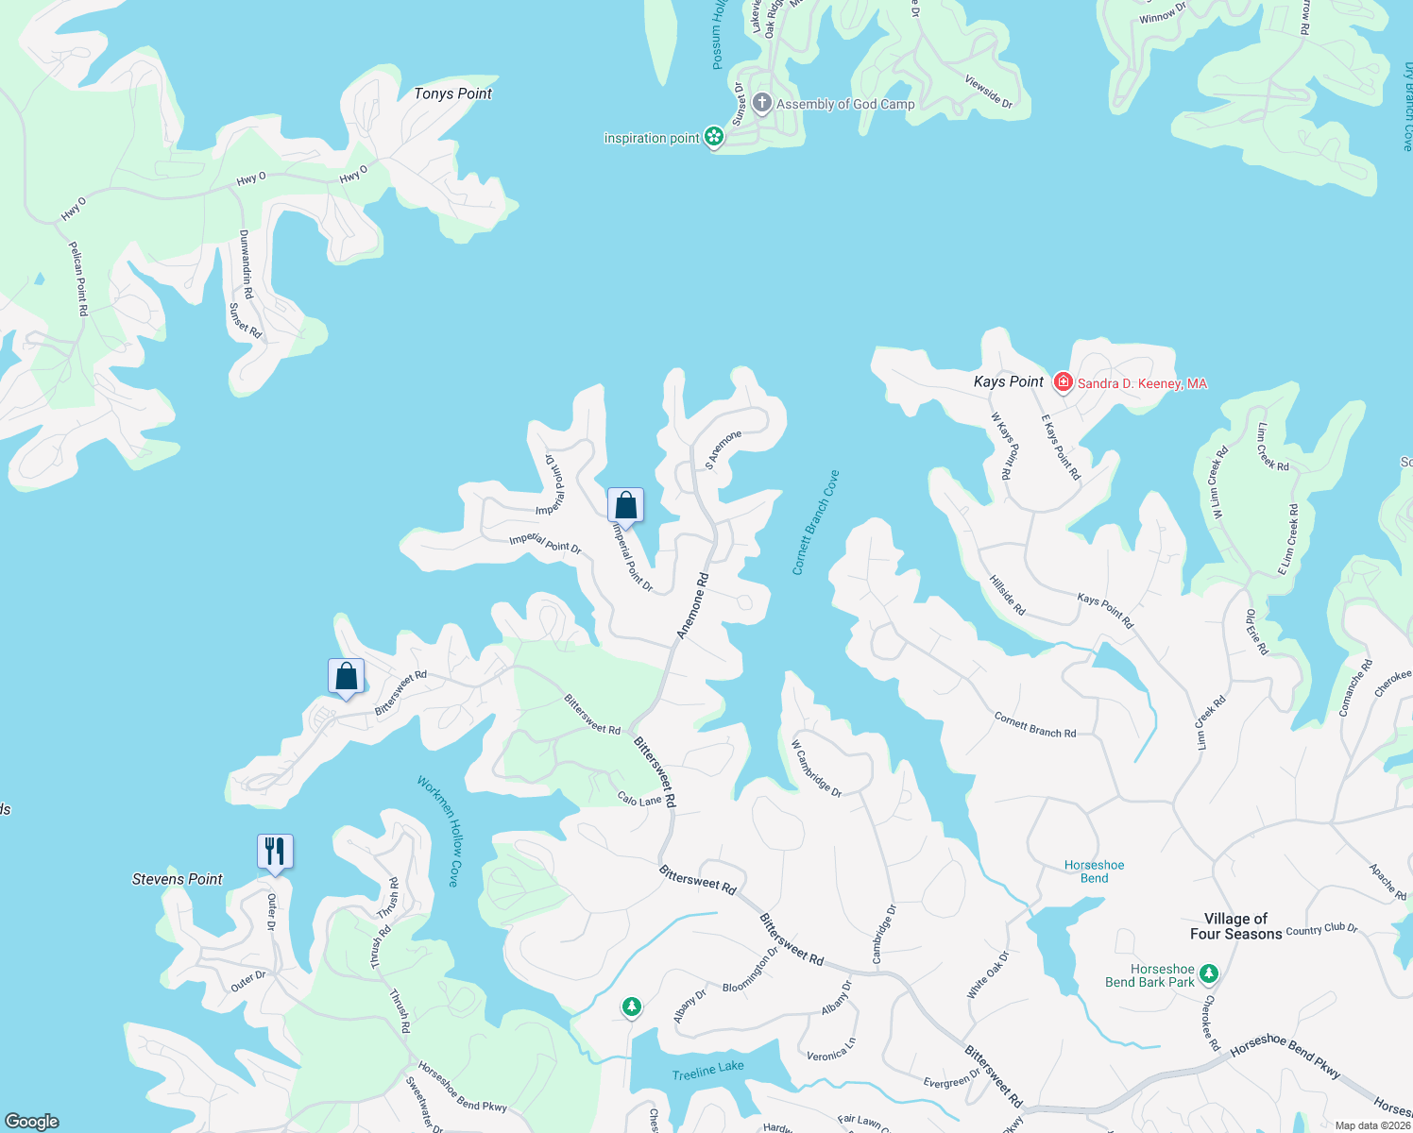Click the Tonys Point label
tap(452, 93)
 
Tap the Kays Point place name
tap(1008, 381)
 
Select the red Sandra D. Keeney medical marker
tap(1064, 381)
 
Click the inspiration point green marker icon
tap(714, 138)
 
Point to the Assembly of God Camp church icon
tap(762, 103)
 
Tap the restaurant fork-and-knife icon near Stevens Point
tap(275, 851)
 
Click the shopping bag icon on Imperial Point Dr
tap(625, 504)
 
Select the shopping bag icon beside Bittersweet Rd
tap(346, 676)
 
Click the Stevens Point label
tap(177, 879)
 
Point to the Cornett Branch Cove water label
tap(815, 522)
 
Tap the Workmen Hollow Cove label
tap(440, 831)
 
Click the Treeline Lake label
tap(707, 1070)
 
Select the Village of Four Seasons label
tap(1235, 926)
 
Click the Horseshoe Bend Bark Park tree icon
tap(1209, 973)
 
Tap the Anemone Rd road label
tap(692, 605)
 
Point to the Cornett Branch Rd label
tap(1034, 725)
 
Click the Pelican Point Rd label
tap(78, 279)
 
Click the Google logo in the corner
tap(31, 1121)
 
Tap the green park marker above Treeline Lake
tap(632, 1006)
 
